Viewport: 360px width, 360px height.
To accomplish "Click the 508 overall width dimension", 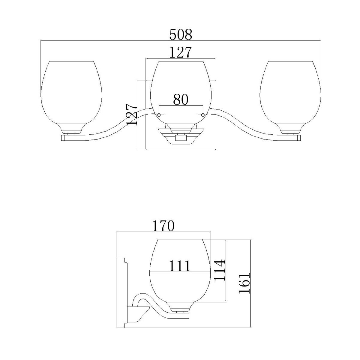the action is tap(181, 35).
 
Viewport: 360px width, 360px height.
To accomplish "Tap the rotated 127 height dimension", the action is tap(132, 115).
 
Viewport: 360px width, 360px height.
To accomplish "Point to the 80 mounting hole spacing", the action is tap(181, 100).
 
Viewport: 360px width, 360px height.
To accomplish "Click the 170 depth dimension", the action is tap(163, 226).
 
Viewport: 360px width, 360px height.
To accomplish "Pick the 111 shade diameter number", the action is tap(180, 266).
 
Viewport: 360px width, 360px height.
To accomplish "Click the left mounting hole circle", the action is tap(159, 115).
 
